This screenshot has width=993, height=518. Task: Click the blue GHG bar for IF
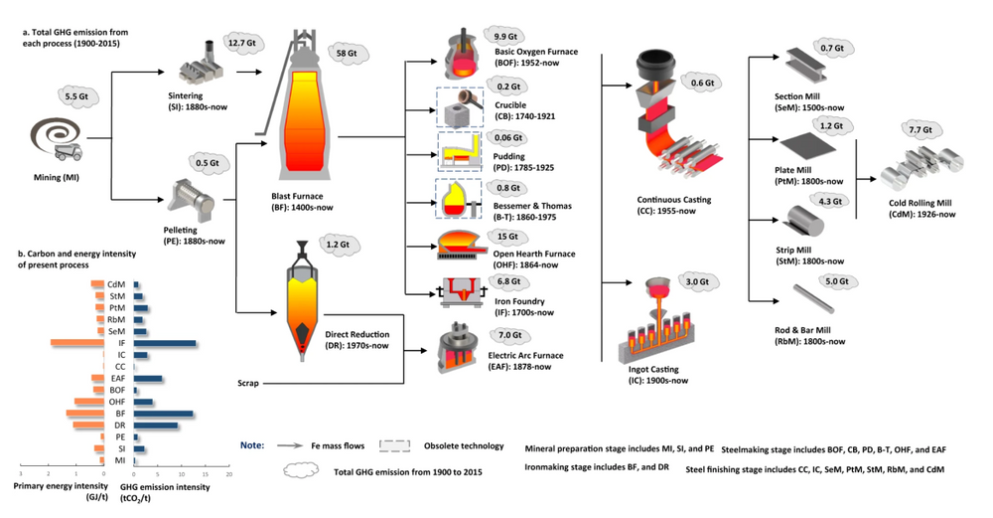tap(165, 343)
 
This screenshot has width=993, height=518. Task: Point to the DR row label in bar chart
tap(120, 426)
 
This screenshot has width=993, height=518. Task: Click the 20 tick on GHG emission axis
tap(228, 475)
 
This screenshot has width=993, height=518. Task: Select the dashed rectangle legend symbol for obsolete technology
tap(398, 445)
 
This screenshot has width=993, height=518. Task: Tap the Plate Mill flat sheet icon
tap(811, 154)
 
